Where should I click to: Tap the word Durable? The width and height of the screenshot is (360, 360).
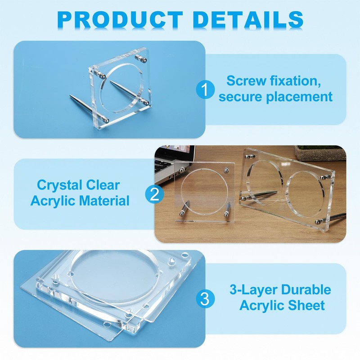(x=306, y=290)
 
